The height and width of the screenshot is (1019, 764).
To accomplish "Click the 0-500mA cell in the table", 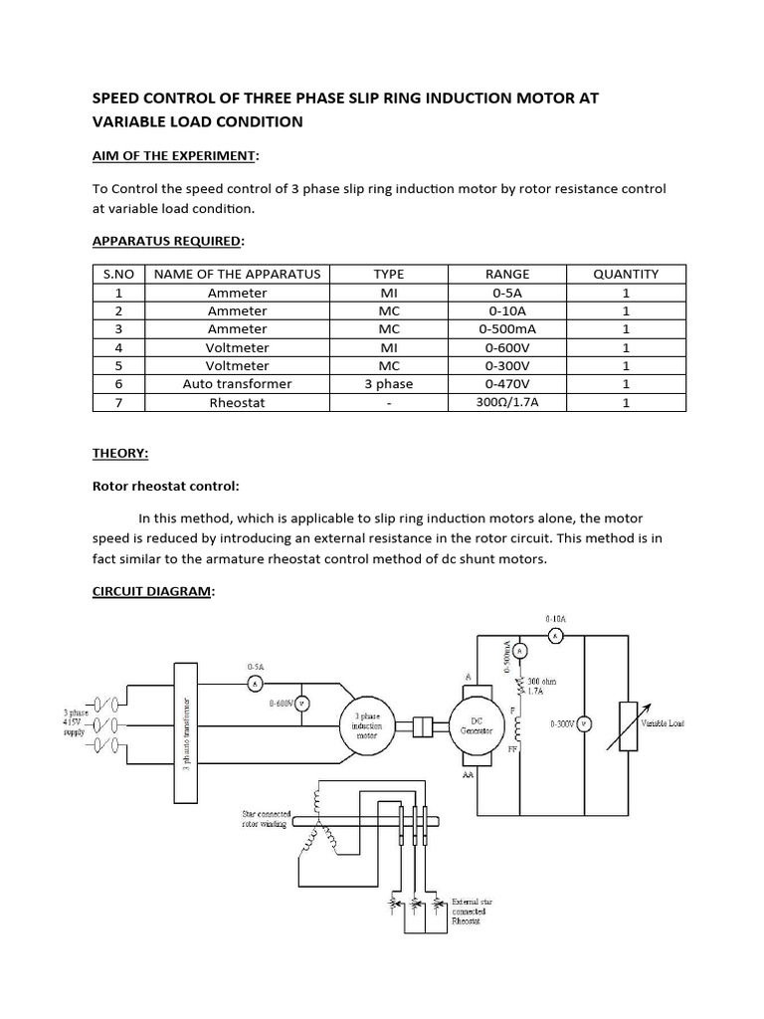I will click(x=507, y=329).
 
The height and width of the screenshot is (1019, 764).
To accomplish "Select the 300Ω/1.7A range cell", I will click(x=507, y=403).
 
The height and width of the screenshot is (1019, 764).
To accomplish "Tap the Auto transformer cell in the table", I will click(x=237, y=384).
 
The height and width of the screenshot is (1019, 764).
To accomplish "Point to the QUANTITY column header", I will click(x=626, y=274).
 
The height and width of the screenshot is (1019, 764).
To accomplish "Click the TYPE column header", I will click(x=389, y=274).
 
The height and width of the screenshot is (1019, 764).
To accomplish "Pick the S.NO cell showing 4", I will click(x=118, y=347).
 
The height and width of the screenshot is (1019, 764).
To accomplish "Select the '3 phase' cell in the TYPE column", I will click(x=389, y=384).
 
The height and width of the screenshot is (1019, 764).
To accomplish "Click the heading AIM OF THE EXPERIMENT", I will click(x=174, y=156).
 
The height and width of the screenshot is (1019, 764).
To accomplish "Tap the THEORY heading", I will click(x=120, y=453).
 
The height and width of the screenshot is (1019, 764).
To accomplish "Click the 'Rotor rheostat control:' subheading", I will click(x=165, y=487).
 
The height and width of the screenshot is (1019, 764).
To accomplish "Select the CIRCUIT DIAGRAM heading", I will click(x=152, y=592).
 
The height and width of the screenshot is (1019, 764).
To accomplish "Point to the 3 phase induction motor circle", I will click(x=367, y=724).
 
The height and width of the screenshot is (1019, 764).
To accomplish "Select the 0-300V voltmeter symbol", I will click(x=585, y=724).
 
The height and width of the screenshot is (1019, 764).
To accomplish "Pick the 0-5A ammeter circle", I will click(x=255, y=684).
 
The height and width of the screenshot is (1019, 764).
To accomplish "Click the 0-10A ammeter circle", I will click(x=557, y=634).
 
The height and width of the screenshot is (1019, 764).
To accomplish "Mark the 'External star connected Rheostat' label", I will click(x=470, y=909).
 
